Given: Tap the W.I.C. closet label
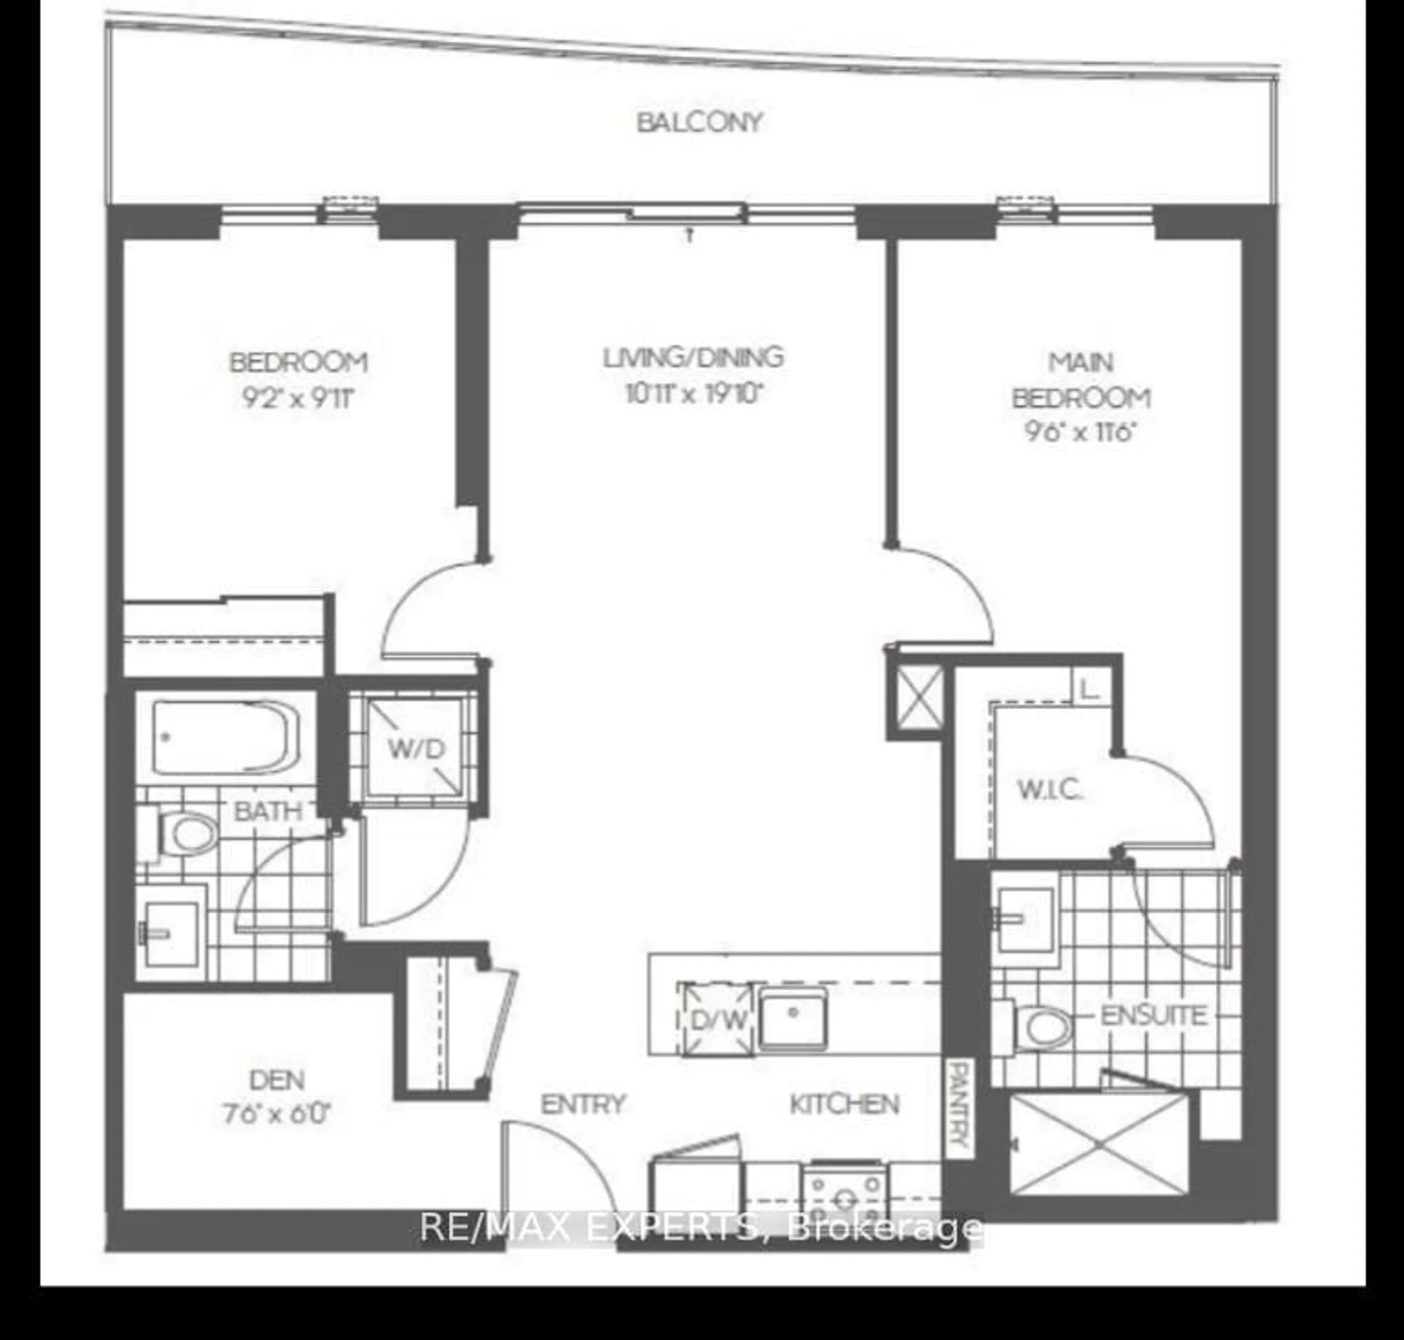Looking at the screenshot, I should click(1050, 790).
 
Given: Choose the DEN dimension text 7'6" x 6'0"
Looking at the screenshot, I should click(277, 1113).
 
